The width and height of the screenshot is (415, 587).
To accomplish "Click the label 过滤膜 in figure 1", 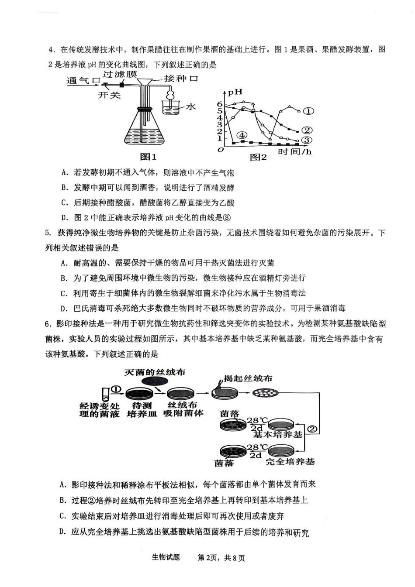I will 120,74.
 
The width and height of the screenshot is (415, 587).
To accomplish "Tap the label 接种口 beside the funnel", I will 181,79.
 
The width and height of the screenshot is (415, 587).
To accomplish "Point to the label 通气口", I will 83,81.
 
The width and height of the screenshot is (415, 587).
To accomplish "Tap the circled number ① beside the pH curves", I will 308,111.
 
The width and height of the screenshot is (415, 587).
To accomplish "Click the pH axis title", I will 235,93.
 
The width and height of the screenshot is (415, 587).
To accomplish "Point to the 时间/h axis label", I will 295,152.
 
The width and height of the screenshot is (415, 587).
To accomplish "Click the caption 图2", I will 258,158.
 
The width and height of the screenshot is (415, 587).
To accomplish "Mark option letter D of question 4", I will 65,217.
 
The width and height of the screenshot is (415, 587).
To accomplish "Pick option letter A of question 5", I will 64,263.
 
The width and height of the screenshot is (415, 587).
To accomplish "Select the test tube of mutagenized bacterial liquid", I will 105,394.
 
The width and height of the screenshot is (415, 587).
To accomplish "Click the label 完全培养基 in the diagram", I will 290,461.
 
